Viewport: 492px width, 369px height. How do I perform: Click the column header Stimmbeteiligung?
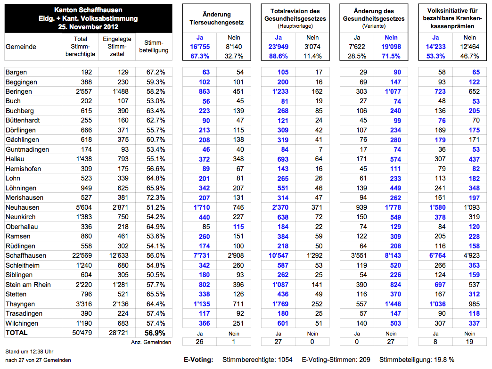154,47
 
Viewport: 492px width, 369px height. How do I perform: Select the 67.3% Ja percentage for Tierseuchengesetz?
200,56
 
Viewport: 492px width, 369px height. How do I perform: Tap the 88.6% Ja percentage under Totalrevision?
279,56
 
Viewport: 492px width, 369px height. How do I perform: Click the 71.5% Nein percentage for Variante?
392,56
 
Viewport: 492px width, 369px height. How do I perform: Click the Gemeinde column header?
21,47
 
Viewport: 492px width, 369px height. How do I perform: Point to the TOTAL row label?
16,333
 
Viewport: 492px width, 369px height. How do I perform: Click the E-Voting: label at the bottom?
198,360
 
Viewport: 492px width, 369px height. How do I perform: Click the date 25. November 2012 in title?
89,26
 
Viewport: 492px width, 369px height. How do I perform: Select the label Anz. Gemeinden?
151,342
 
